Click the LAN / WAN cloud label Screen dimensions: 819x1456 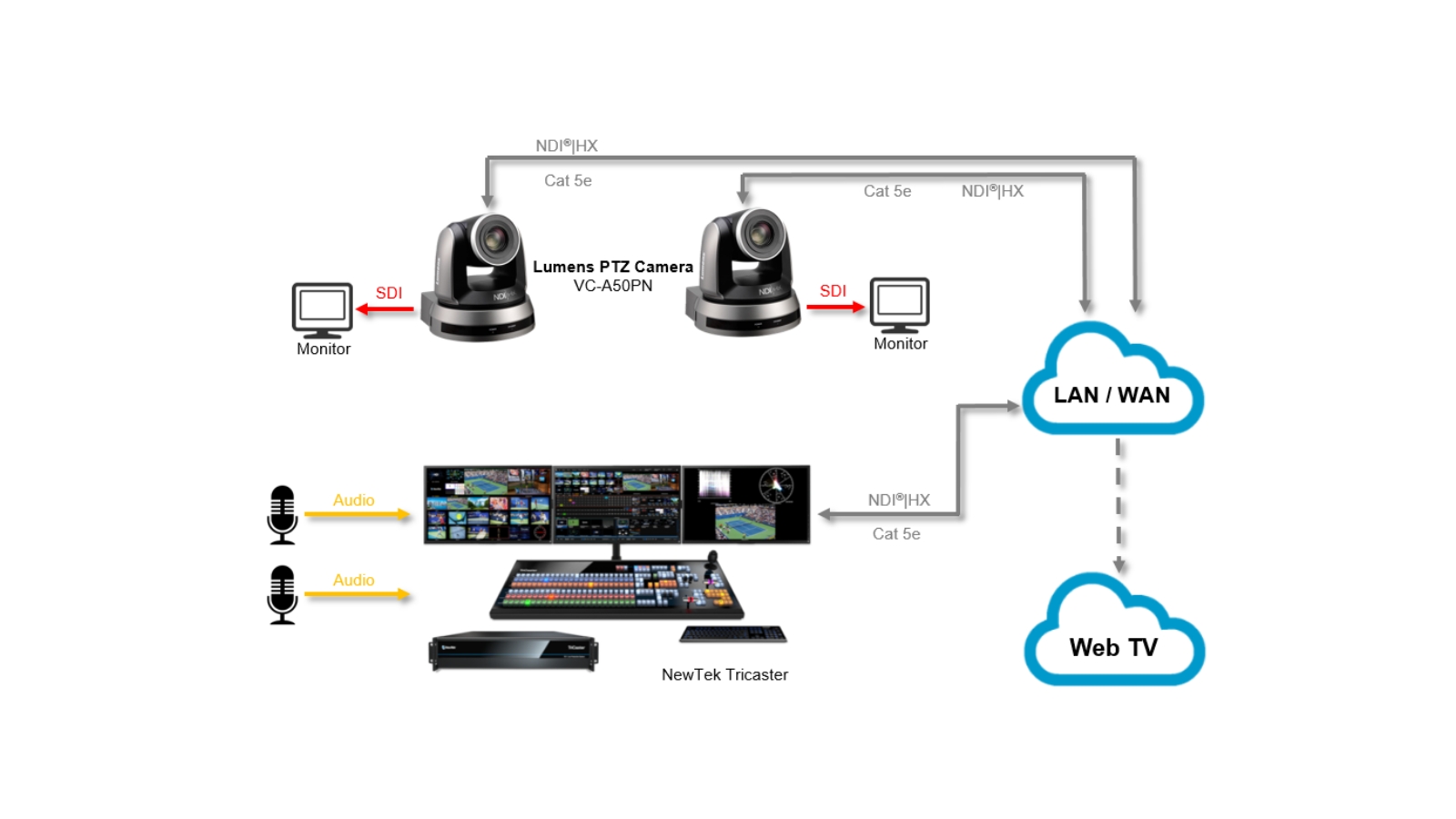point(1111,395)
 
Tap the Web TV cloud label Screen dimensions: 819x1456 point(1113,647)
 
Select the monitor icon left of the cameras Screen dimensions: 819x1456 point(322,309)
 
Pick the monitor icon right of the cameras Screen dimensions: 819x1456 point(899,304)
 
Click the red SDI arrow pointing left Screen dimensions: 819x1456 point(385,309)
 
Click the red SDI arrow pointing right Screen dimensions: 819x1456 point(834,307)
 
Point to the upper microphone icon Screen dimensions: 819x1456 point(282,514)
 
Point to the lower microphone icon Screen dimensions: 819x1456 point(282,594)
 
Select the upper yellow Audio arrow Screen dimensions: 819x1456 point(357,514)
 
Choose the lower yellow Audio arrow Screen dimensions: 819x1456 point(357,594)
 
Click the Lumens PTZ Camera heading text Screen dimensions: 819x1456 point(612,267)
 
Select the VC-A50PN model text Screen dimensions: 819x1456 point(612,286)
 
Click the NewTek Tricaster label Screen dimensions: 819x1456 point(724,674)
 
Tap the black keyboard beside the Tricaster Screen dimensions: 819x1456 point(733,633)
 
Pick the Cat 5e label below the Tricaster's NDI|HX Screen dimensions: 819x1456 point(896,534)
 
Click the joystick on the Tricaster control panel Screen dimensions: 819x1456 point(713,559)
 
